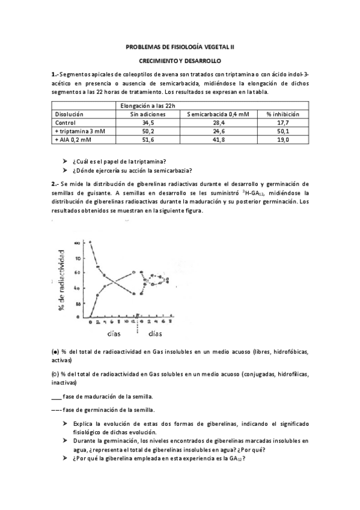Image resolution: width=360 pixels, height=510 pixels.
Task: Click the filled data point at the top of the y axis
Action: click(90, 242)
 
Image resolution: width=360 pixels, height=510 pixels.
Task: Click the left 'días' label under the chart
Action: click(117, 333)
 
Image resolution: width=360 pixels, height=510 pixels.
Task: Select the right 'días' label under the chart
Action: click(155, 333)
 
